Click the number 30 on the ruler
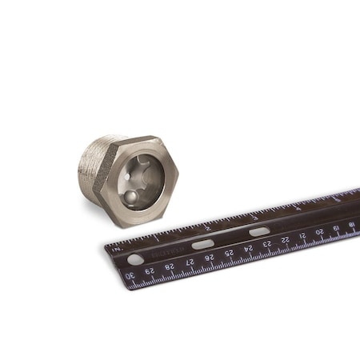[x=130, y=277]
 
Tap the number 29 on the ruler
[x=150, y=272]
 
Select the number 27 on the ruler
[x=190, y=262]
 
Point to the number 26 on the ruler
[x=209, y=258]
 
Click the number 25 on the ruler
[x=229, y=253]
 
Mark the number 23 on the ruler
[x=267, y=243]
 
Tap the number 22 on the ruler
[x=286, y=238]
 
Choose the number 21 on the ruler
[x=303, y=234]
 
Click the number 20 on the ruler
[x=320, y=230]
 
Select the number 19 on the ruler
[x=337, y=226]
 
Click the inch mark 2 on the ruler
[x=206, y=227]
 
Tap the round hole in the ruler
[x=136, y=258]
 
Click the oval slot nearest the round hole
[x=202, y=243]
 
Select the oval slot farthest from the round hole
[x=258, y=231]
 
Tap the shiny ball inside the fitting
[x=129, y=196]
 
